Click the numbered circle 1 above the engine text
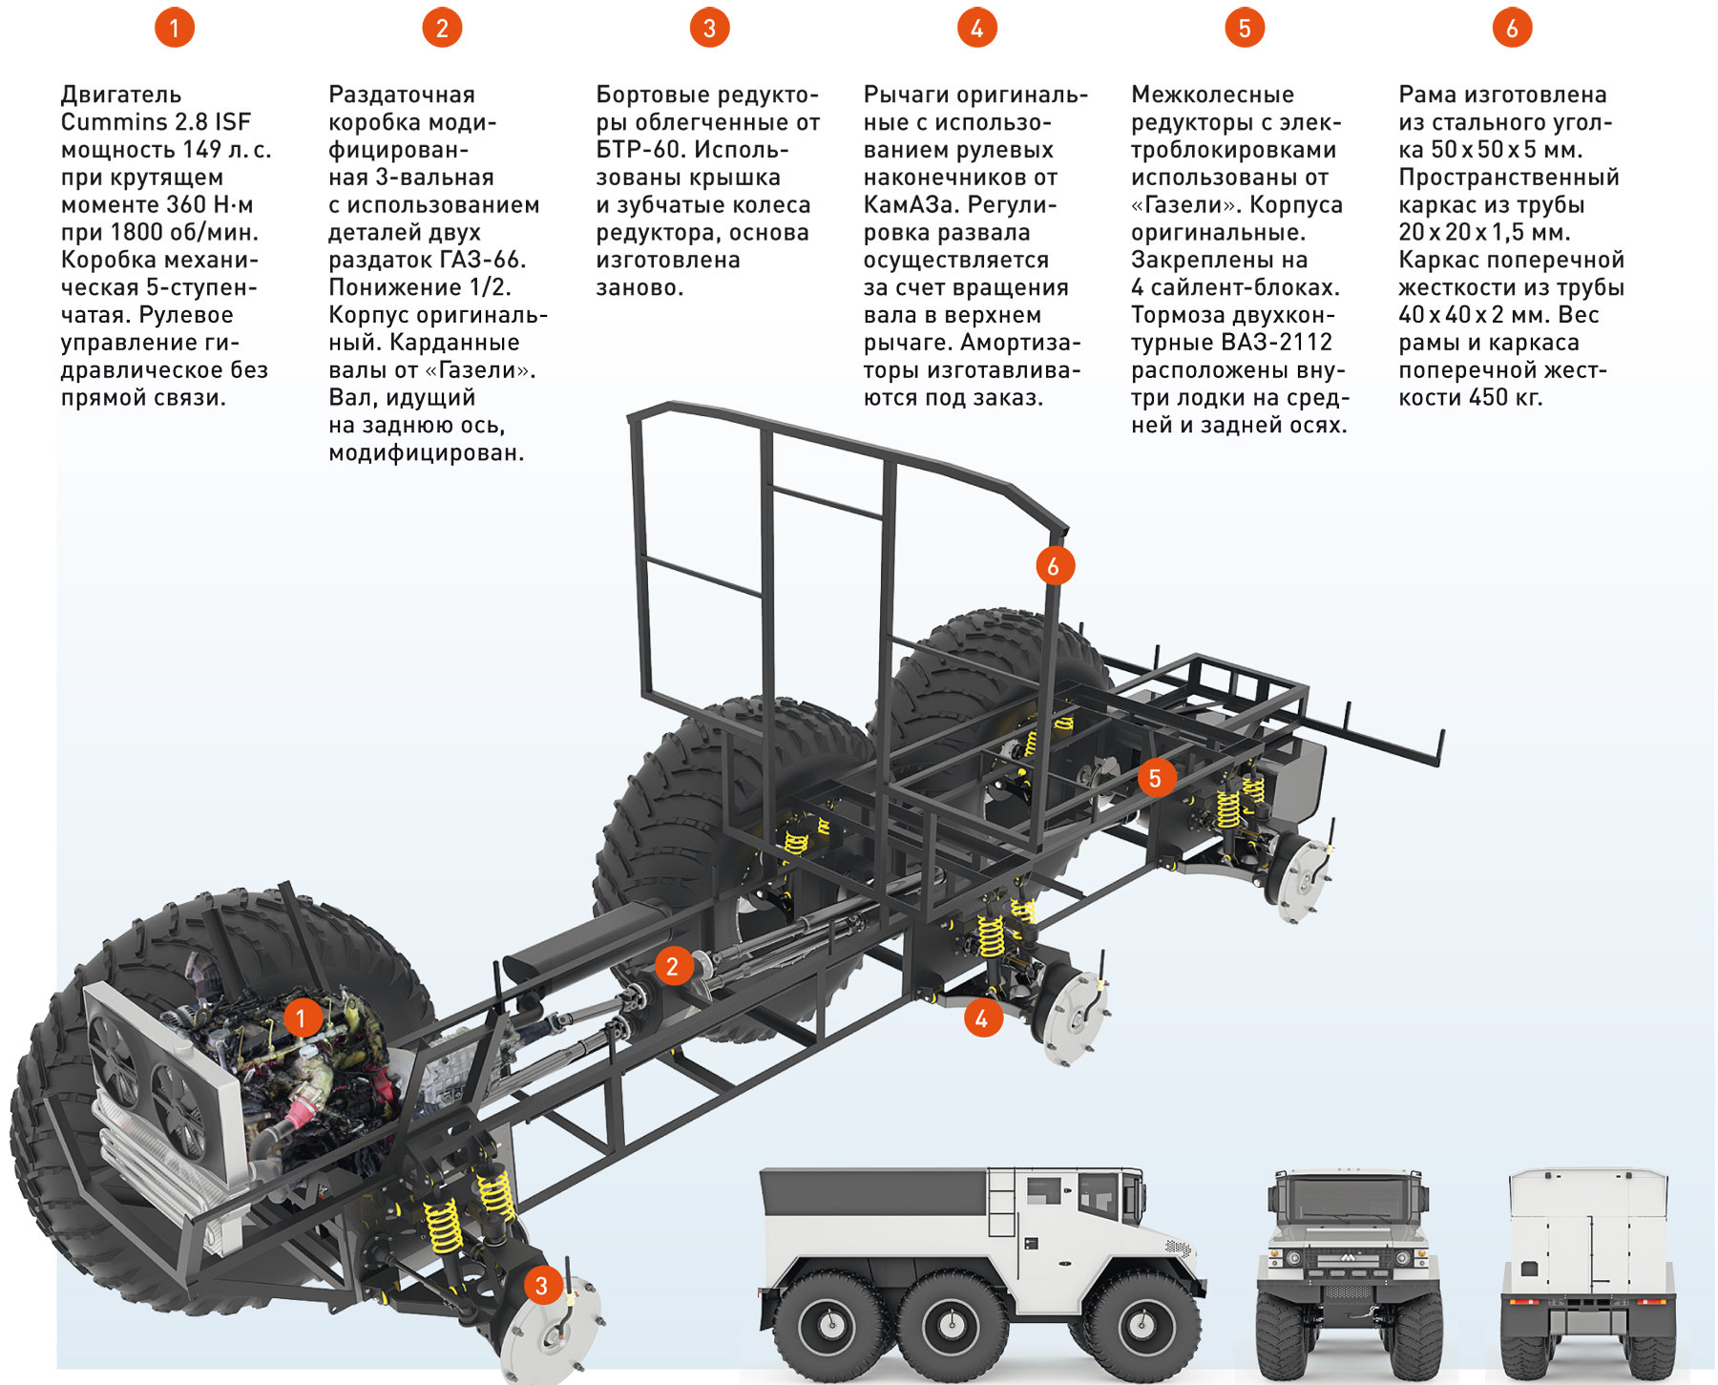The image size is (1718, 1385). click(x=174, y=28)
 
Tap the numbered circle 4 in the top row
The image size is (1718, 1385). click(x=976, y=28)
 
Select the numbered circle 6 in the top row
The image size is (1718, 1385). click(x=1512, y=28)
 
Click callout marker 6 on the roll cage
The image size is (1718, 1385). click(x=1055, y=566)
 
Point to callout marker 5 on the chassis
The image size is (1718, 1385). click(x=1155, y=778)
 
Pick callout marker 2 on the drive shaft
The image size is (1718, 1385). click(x=673, y=966)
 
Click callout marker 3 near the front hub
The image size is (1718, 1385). click(x=541, y=1285)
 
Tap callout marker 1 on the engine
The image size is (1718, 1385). click(x=302, y=1018)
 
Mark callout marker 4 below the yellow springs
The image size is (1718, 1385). click(x=982, y=1018)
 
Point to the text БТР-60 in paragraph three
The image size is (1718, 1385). click(x=638, y=150)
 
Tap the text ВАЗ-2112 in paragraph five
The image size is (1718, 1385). click(x=1279, y=343)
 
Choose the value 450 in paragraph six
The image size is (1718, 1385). click(x=1488, y=398)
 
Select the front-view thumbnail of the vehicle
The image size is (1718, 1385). click(x=1348, y=1270)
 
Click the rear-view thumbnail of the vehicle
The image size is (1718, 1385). click(x=1588, y=1270)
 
